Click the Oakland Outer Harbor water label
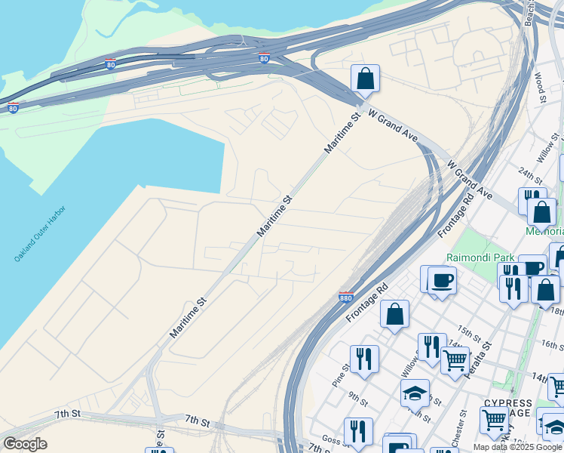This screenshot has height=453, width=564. (x=40, y=233)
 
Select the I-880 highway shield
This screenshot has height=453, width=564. (x=346, y=297)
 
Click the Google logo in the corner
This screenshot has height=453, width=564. (x=25, y=444)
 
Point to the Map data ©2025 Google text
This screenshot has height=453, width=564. (x=518, y=447)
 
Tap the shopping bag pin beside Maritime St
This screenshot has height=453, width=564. (x=365, y=79)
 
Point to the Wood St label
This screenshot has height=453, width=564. (x=540, y=88)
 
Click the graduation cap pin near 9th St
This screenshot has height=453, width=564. (x=415, y=393)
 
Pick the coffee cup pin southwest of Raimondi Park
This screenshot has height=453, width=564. (x=442, y=280)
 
